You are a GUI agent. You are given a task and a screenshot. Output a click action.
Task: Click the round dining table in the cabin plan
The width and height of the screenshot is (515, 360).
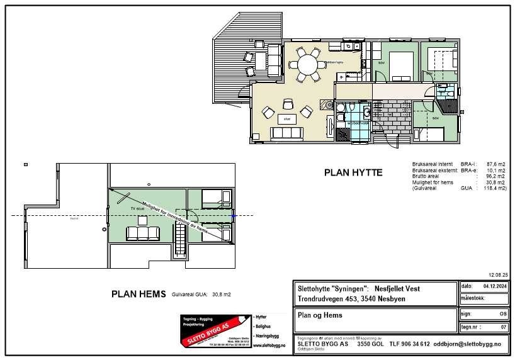[308, 65]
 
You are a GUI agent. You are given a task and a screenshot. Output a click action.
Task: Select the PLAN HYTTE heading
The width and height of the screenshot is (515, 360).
[353, 172]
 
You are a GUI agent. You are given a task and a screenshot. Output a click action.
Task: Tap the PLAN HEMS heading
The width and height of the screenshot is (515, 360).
[139, 294]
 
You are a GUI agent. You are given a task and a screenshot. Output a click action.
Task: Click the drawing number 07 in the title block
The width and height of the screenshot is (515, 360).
[502, 327]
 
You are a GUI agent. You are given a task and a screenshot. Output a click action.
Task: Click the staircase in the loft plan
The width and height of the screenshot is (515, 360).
[180, 242]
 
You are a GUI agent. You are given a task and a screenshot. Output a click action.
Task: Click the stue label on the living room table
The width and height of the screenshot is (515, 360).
[286, 118]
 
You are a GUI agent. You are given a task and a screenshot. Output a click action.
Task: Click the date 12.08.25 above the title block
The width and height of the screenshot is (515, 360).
[497, 275]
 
